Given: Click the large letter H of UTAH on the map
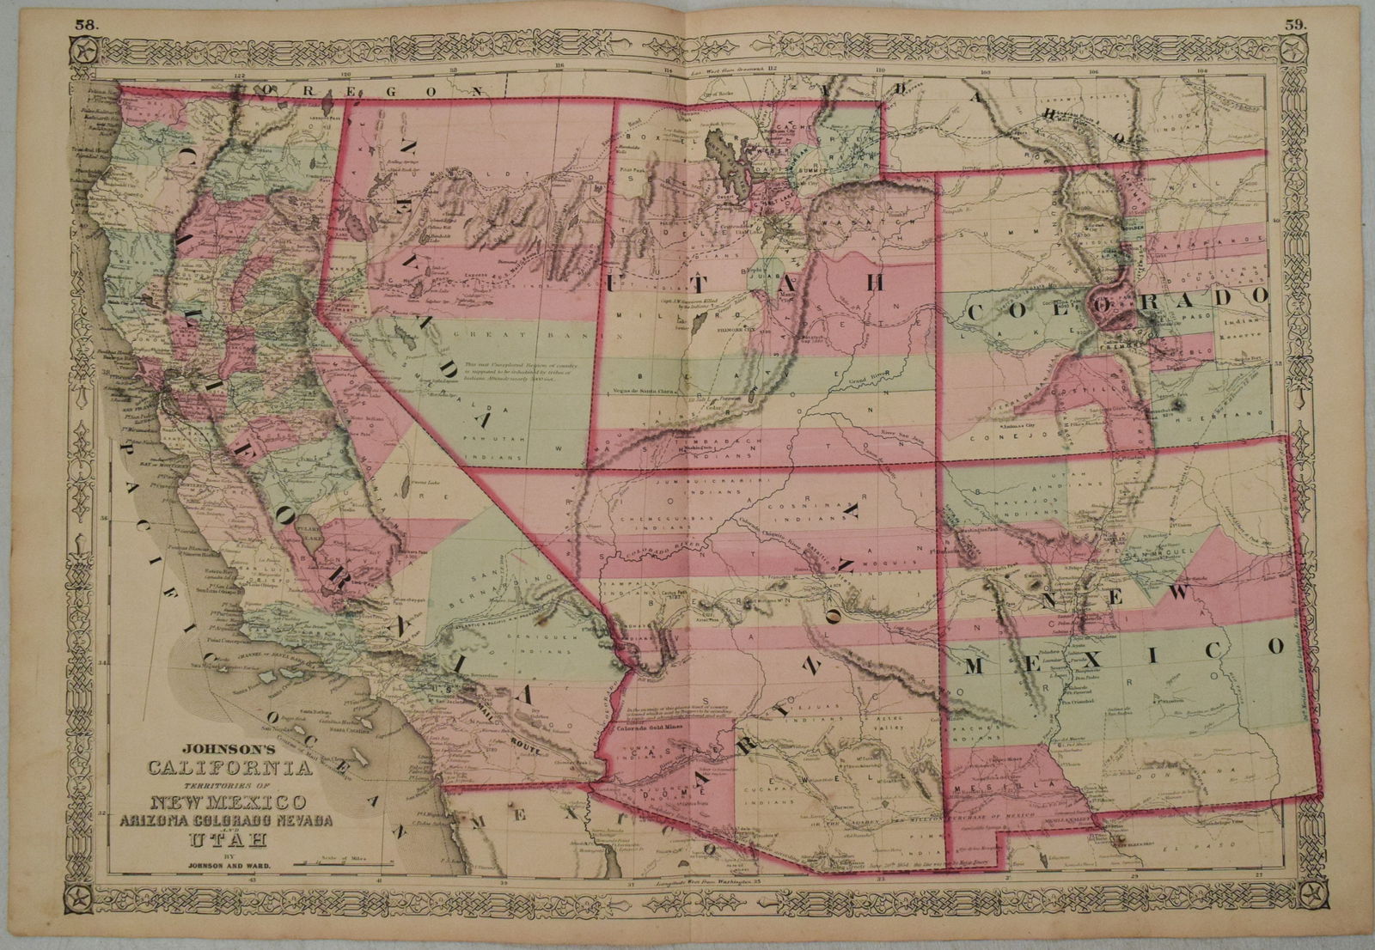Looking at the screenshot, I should [x=876, y=283].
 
